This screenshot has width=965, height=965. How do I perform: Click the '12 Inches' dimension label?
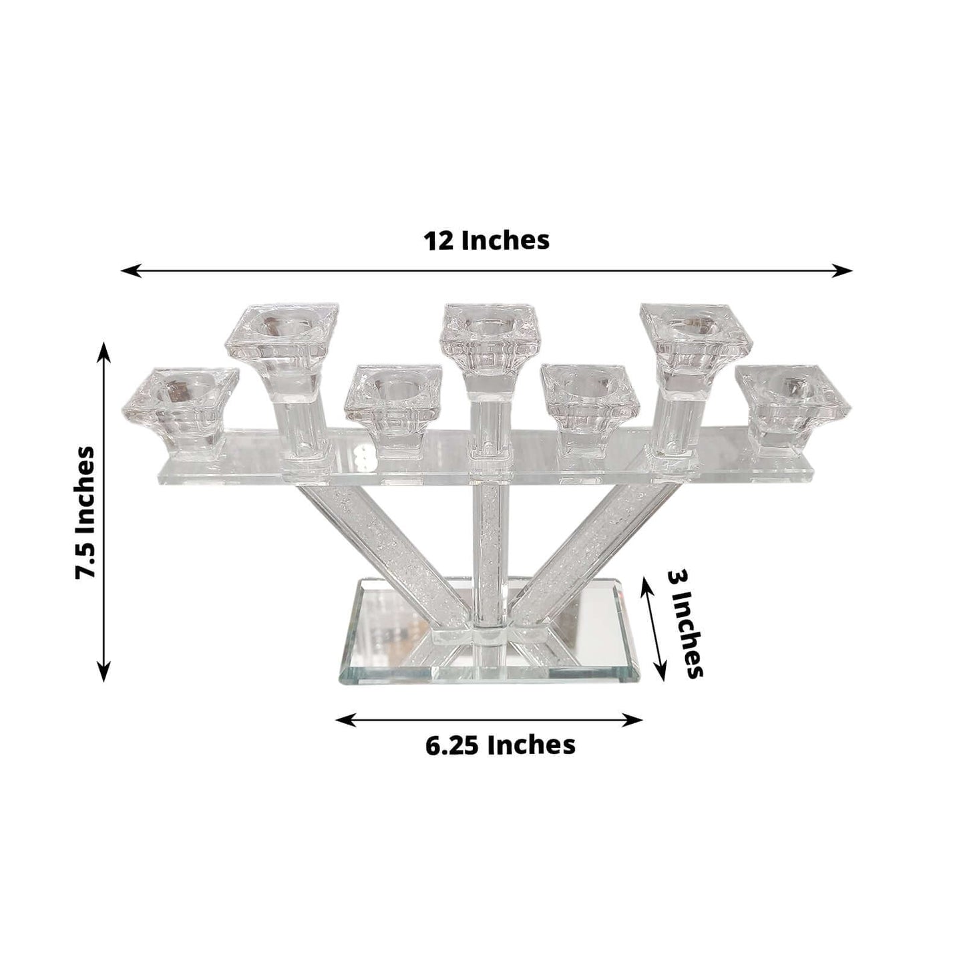pos(486,240)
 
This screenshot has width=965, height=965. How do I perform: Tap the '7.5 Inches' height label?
pos(85,512)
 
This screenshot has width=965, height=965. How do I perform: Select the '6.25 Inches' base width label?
pos(500,745)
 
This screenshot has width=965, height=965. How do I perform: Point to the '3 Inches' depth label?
pos(685,624)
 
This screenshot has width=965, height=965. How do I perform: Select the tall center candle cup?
pos(489,334)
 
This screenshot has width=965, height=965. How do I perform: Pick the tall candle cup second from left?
pos(281,335)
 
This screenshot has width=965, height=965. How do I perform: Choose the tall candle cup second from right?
pos(695,334)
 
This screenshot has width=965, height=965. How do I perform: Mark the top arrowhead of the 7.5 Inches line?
pos(104,347)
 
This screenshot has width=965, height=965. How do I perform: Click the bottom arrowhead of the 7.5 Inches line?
pos(104,676)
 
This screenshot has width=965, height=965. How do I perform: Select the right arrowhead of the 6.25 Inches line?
pos(637,719)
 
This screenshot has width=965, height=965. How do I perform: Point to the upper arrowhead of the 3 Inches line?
pos(644,581)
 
